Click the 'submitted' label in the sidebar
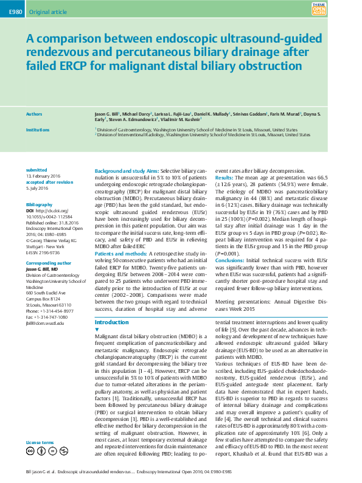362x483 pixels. (36, 170)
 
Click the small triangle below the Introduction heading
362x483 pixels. (98, 329)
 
